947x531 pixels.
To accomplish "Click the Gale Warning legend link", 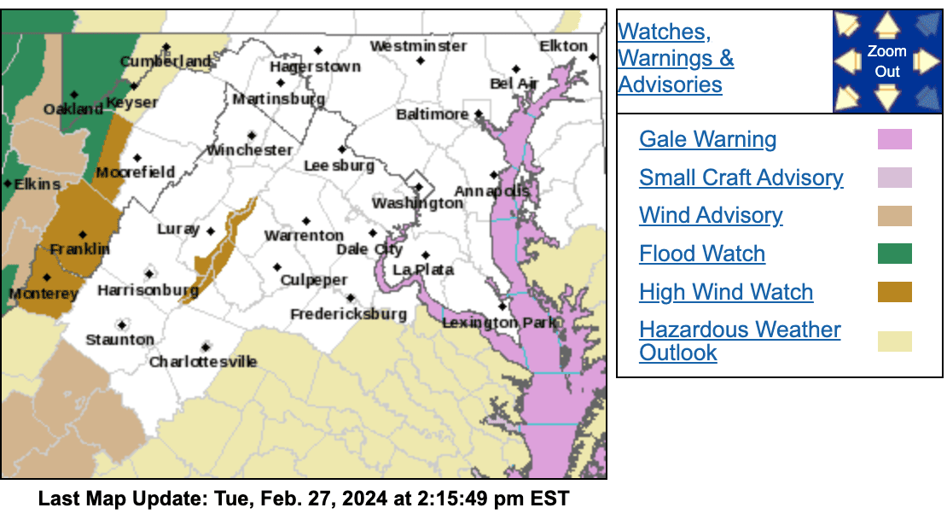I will [x=707, y=140].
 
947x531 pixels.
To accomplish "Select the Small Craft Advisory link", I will [x=741, y=178].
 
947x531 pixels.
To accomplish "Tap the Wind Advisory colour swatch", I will [x=894, y=216].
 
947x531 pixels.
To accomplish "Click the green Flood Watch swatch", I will [x=894, y=254].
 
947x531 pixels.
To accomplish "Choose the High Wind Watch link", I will [x=725, y=292].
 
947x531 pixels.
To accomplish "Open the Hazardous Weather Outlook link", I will [x=739, y=341].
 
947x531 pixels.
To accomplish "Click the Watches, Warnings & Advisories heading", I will [x=675, y=58].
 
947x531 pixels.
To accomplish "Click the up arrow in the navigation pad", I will [x=887, y=26].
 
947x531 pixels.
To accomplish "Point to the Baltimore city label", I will [x=433, y=114].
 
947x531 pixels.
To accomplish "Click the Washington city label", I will [x=417, y=203].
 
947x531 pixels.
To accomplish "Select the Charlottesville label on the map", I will [x=203, y=362].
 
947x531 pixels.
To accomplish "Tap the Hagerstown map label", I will [x=315, y=67].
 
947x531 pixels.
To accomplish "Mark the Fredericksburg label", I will [x=348, y=314].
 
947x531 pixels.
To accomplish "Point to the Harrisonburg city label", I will [x=148, y=291].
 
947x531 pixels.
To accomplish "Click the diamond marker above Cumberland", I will [x=166, y=47].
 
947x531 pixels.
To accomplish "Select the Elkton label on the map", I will [x=564, y=46].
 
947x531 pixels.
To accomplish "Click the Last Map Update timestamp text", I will [x=303, y=499].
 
